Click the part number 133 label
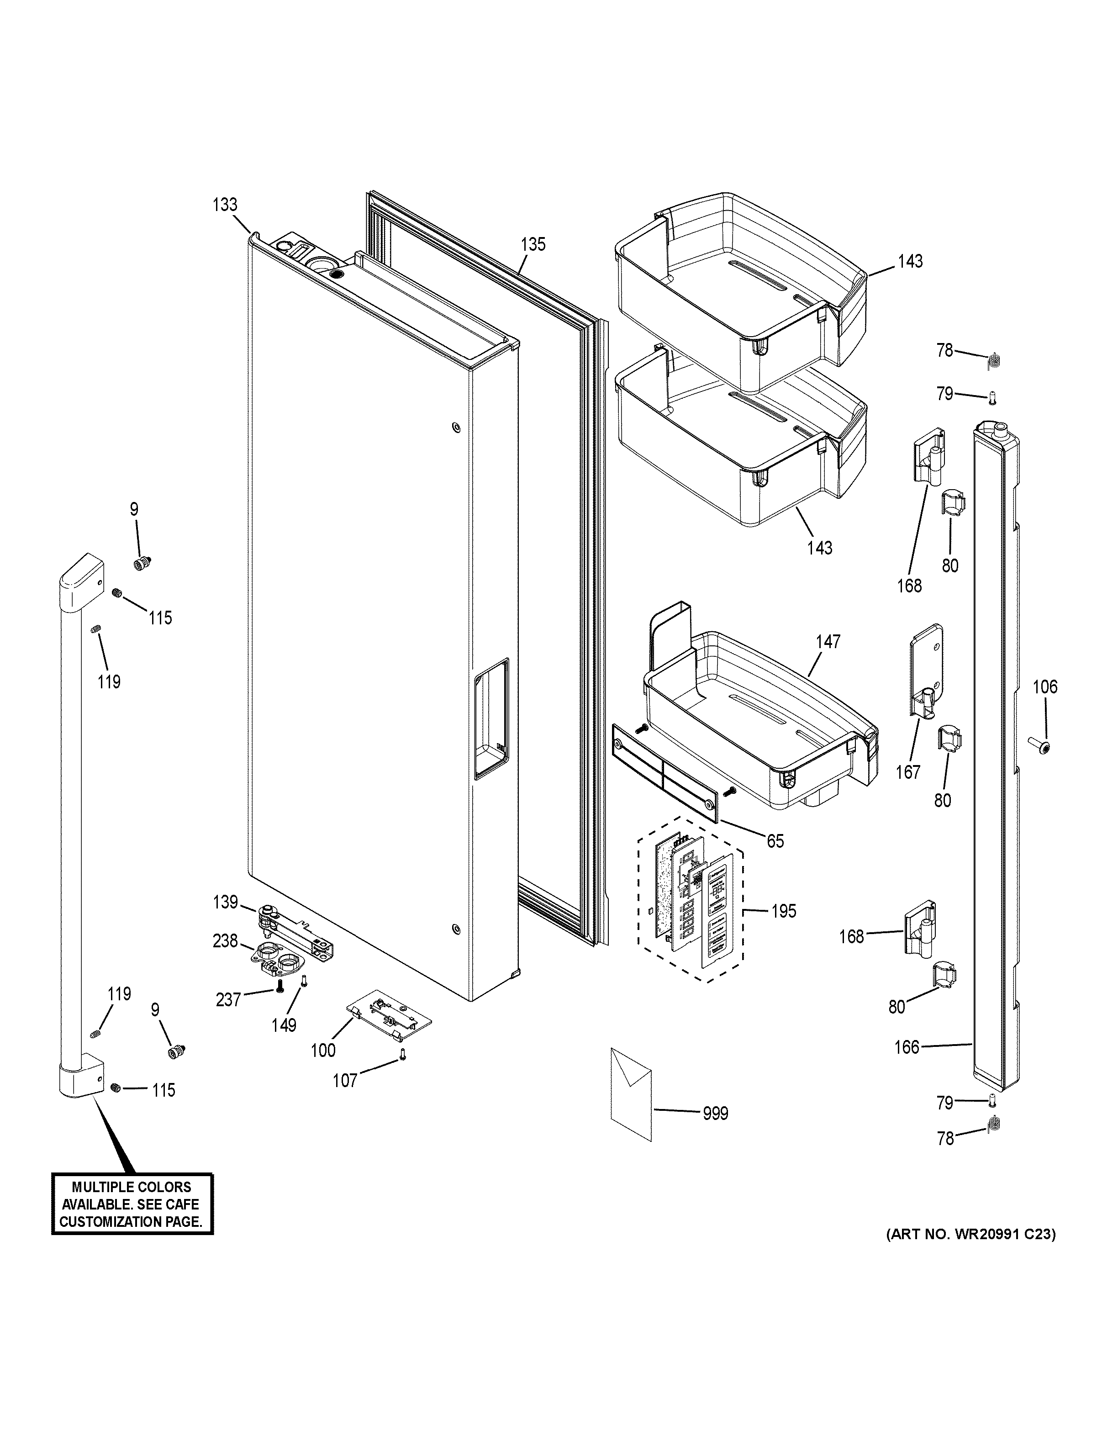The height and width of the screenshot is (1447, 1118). tap(225, 205)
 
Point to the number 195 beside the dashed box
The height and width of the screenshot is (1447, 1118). tap(784, 911)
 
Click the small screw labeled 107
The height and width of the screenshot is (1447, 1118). tap(401, 1054)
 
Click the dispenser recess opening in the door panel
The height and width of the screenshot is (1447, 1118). tap(491, 718)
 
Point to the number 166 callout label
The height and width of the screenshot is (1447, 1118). tap(907, 1047)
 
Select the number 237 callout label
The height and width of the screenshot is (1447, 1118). tap(228, 1000)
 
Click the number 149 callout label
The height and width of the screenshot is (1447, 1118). tap(284, 1025)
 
